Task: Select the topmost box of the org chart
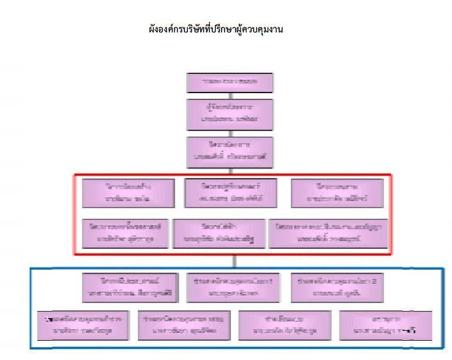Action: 229,83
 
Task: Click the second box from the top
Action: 229,114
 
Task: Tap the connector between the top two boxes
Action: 229,97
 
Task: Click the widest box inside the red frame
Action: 326,233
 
